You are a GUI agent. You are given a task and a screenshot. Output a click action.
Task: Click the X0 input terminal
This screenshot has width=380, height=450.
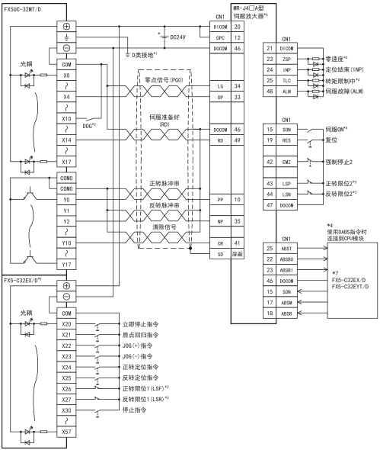point(66,76)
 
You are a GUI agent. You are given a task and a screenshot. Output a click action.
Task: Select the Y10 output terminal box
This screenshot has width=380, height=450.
point(66,243)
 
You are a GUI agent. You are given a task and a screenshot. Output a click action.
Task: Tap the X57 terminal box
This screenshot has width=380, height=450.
point(66,432)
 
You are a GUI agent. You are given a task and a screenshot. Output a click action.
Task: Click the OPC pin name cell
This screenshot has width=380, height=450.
point(220,37)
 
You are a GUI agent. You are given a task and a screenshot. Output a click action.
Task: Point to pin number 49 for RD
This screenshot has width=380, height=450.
point(238,140)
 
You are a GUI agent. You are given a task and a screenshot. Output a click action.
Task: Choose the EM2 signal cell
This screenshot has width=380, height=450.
point(286,162)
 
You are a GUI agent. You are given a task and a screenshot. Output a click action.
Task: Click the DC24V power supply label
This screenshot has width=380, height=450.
point(177,37)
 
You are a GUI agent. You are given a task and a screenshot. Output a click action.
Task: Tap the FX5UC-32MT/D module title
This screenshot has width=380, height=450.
point(23,9)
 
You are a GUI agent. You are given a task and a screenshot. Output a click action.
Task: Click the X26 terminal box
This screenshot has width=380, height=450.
point(66,389)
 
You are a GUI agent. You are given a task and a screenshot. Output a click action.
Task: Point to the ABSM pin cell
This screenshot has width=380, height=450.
point(286,303)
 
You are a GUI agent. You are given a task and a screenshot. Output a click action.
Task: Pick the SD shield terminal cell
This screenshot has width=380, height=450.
point(220,254)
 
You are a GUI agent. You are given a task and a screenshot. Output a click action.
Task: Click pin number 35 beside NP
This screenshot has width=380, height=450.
point(238,221)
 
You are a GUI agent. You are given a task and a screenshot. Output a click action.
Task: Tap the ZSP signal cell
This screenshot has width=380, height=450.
point(286,59)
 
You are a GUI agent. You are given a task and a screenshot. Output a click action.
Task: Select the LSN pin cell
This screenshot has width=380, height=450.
point(286,194)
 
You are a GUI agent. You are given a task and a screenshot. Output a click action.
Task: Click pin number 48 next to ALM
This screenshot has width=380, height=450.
point(270,92)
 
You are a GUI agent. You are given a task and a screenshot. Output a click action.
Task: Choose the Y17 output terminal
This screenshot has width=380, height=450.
point(66,265)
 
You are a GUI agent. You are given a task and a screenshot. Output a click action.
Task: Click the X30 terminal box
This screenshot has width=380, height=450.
point(66,410)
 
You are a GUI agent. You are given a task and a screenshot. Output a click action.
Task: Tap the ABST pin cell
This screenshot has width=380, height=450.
point(286,249)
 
